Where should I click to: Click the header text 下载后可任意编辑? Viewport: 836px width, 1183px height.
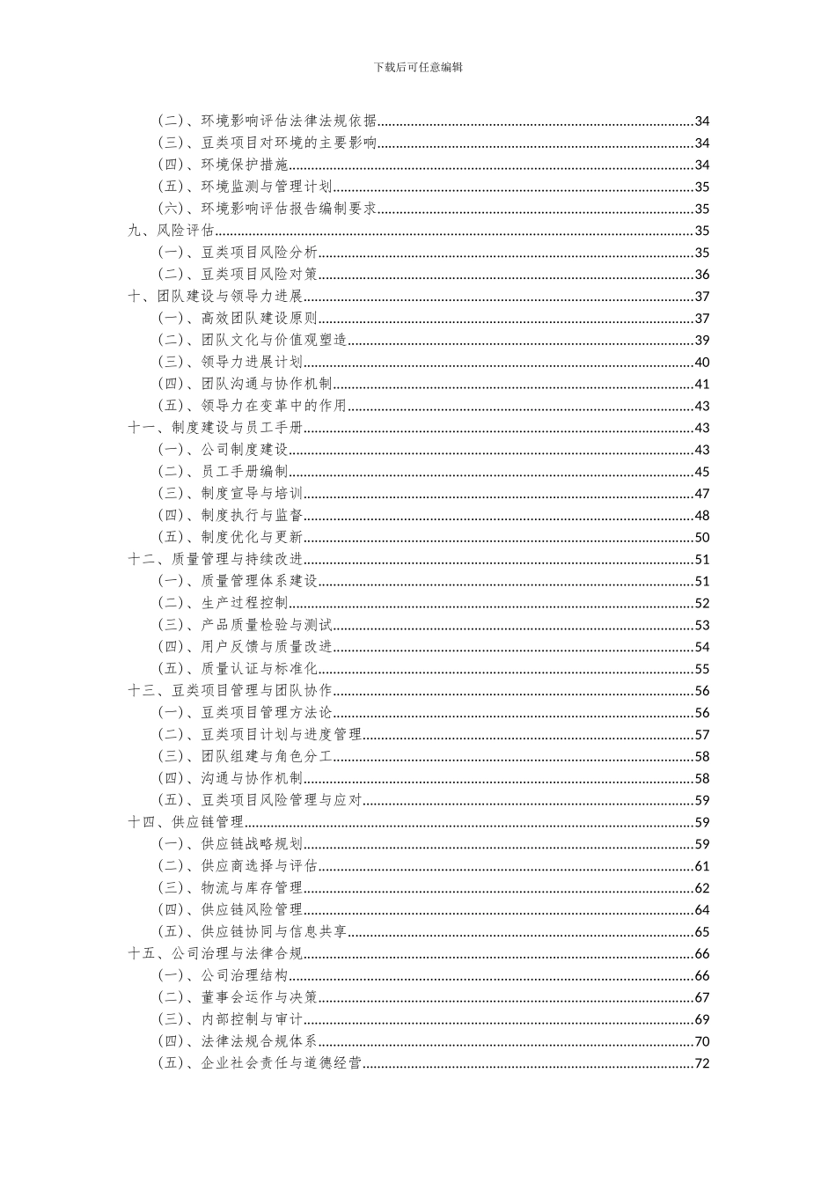tap(418, 67)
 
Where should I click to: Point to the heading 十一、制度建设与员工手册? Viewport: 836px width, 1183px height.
tap(215, 428)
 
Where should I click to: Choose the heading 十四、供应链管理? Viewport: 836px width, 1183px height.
tap(186, 822)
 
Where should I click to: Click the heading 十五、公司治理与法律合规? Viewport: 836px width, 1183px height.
tap(215, 953)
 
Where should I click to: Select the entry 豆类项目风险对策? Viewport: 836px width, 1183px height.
tap(259, 275)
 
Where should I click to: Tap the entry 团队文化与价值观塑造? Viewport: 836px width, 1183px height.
tap(274, 341)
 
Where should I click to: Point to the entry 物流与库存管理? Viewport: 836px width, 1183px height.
tap(252, 888)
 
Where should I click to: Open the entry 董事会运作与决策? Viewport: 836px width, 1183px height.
tap(259, 997)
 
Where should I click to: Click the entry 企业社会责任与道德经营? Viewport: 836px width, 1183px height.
tap(281, 1063)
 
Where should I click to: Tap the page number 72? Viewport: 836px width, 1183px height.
tap(702, 1063)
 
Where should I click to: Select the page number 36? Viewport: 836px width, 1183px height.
tap(702, 275)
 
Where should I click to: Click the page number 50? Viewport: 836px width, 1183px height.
tap(702, 538)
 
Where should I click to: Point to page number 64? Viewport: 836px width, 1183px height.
tap(702, 910)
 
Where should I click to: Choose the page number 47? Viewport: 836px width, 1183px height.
tap(702, 494)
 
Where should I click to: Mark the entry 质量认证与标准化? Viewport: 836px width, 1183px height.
tap(259, 669)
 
